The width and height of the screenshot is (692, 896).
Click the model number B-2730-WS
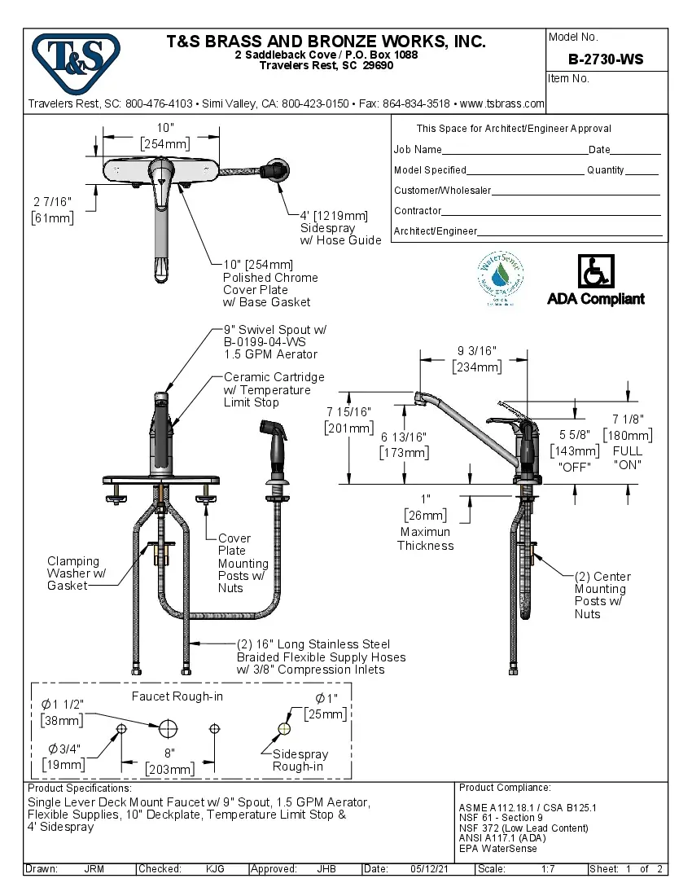(x=606, y=59)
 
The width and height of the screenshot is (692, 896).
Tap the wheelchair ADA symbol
(x=596, y=270)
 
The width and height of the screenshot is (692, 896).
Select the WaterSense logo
(x=500, y=278)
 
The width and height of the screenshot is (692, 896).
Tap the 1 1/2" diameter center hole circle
(x=169, y=727)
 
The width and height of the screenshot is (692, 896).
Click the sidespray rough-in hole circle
(x=284, y=728)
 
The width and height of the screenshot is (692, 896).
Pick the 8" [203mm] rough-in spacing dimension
(x=169, y=762)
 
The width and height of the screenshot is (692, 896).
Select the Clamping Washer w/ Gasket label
(x=72, y=573)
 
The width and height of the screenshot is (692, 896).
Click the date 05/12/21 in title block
(x=430, y=869)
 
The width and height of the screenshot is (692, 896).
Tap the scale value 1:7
(x=547, y=869)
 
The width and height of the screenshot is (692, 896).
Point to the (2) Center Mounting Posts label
(x=602, y=595)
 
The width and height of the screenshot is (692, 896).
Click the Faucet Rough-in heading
(x=177, y=696)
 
